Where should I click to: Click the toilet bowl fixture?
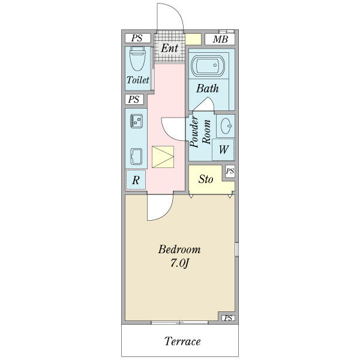[x=137, y=58]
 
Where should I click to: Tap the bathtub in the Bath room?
[x=208, y=66]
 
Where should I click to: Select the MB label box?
[x=220, y=39]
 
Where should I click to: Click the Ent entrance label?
[x=169, y=48]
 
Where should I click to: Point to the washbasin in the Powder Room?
[x=226, y=126]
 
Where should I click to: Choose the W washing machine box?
[x=223, y=149]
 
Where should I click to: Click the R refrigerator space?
[x=136, y=180]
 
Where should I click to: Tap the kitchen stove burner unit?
[x=136, y=121]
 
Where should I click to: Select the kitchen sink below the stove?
[x=136, y=157]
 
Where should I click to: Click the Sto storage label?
[x=206, y=179]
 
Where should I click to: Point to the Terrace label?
[x=182, y=341]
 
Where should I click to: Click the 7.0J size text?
[x=179, y=263]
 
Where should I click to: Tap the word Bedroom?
[x=179, y=250]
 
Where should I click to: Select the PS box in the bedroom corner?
[x=228, y=318]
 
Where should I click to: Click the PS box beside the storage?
[x=230, y=171]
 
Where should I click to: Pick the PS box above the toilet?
[x=137, y=38]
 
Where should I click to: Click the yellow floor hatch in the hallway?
[x=163, y=157]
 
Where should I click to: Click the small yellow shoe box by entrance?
[x=193, y=39]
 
